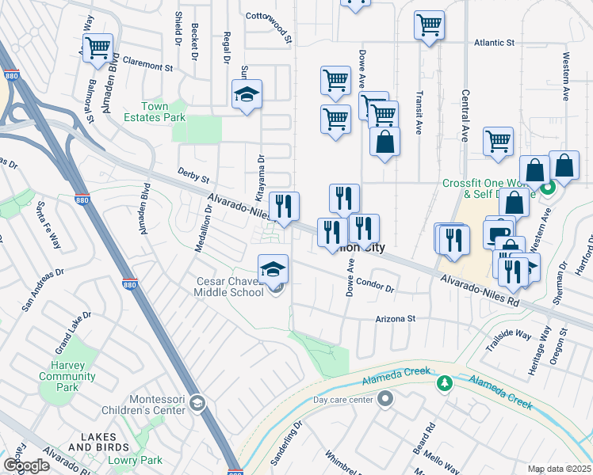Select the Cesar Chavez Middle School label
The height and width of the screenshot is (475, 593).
pyautogui.click(x=230, y=287)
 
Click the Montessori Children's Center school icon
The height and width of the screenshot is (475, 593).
pyautogui.click(x=197, y=405)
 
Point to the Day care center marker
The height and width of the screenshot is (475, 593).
pyautogui.click(x=385, y=398)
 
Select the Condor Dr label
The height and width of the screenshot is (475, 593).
pyautogui.click(x=375, y=284)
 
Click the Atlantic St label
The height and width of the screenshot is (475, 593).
pyautogui.click(x=494, y=43)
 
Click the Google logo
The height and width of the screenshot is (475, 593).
pyautogui.click(x=26, y=465)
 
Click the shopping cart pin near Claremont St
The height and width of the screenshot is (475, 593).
pyautogui.click(x=98, y=47)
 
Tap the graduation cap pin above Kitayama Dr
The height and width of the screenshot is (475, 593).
pyautogui.click(x=247, y=95)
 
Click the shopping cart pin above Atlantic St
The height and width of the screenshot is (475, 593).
pyautogui.click(x=429, y=25)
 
